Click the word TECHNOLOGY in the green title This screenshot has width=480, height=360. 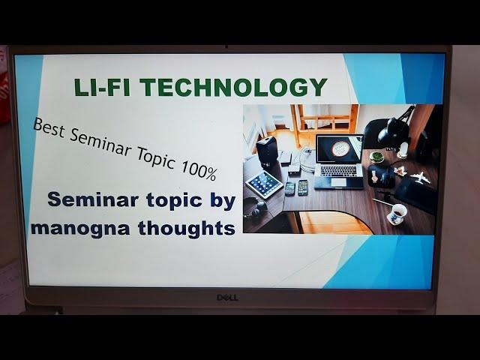click(x=233, y=87)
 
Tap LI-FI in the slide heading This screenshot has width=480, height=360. click(x=102, y=87)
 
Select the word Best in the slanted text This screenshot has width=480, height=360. click(x=49, y=127)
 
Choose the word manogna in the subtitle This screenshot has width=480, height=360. click(x=80, y=229)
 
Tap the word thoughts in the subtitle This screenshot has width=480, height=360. click(x=187, y=227)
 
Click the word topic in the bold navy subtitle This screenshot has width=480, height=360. click(x=174, y=201)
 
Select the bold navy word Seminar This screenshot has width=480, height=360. click(x=93, y=199)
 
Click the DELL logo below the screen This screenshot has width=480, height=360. click(x=227, y=298)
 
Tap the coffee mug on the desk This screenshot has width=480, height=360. click(x=397, y=214)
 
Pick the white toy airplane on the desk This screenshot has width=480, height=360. click(x=420, y=178)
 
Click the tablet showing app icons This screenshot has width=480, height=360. click(x=264, y=184)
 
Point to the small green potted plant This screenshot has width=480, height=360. click(x=376, y=157)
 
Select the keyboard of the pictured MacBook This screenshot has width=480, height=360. click(x=338, y=171)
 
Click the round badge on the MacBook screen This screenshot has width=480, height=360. click(x=340, y=148)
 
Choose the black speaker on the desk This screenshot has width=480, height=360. click(x=267, y=151)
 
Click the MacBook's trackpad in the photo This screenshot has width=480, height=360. click(x=338, y=182)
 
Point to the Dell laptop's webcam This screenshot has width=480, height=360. click(x=226, y=47)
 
